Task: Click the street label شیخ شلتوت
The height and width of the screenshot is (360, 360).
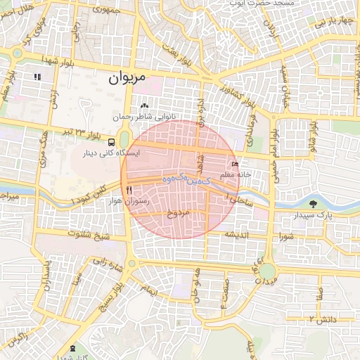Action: pyautogui.click(x=89, y=236)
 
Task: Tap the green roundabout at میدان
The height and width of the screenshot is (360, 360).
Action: pyautogui.click(x=266, y=271)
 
